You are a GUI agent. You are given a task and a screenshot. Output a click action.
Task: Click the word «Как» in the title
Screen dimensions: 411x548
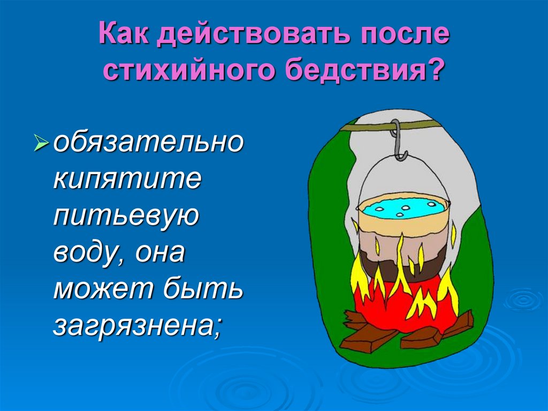pos(123,36)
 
